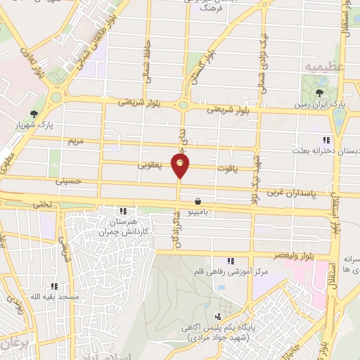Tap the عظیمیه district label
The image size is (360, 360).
pyautogui.click(x=321, y=65)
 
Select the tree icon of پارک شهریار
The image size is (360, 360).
pyautogui.click(x=33, y=115)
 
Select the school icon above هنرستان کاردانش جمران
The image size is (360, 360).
pyautogui.click(x=123, y=210)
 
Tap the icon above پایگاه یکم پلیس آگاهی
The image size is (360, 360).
pyautogui.click(x=219, y=316)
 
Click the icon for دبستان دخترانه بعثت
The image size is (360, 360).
pyautogui.click(x=324, y=139)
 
